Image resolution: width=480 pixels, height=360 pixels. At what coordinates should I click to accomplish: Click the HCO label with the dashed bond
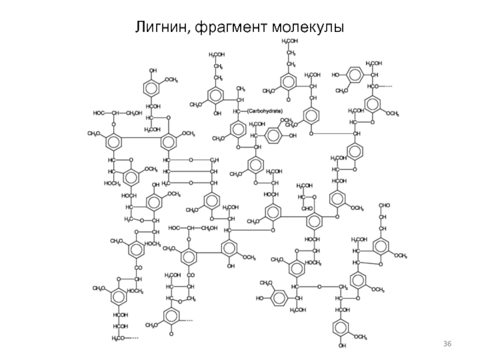click(376, 87)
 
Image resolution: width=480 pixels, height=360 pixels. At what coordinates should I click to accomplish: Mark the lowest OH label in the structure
click(342, 346)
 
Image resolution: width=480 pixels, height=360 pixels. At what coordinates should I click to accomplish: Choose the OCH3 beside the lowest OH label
click(360, 337)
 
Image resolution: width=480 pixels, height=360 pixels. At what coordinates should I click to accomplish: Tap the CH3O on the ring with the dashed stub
click(152, 325)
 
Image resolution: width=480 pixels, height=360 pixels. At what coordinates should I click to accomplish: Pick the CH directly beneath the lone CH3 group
click(239, 100)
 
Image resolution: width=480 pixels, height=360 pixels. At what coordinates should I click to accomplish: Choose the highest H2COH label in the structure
click(290, 41)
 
